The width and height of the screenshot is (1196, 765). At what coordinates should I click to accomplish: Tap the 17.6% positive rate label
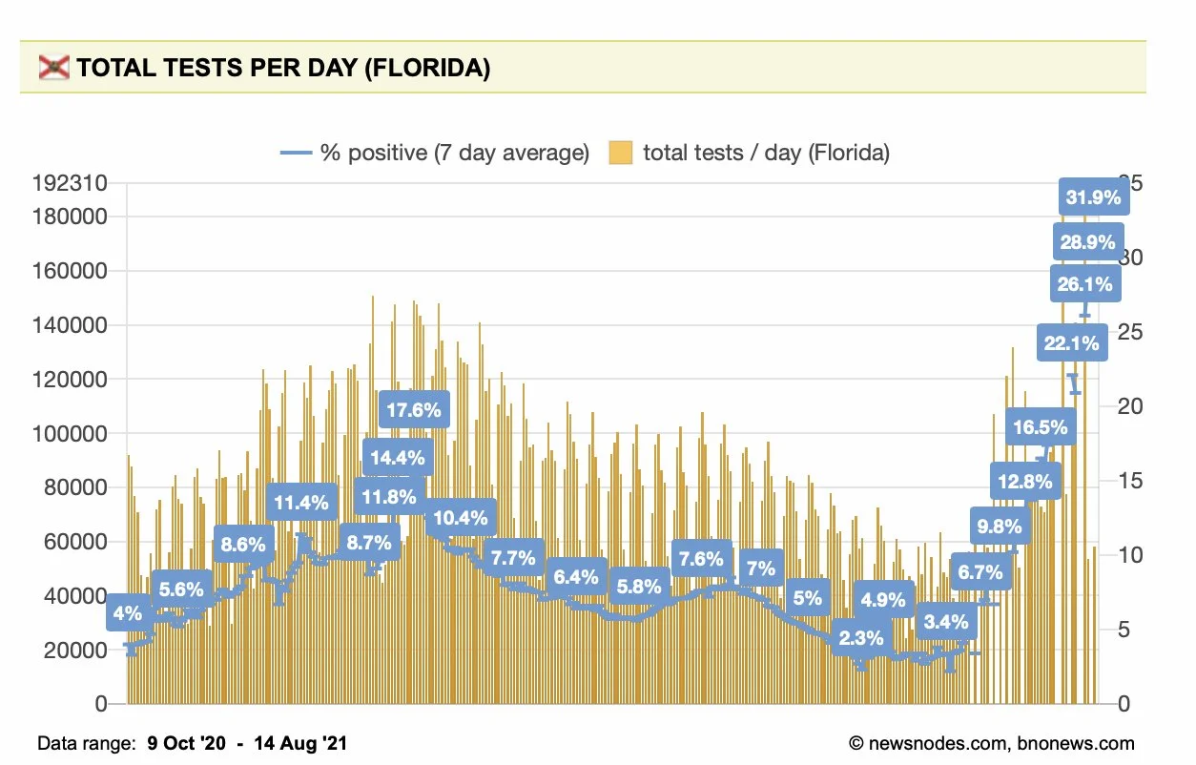click(415, 411)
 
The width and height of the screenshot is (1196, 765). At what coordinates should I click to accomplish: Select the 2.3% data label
click(861, 637)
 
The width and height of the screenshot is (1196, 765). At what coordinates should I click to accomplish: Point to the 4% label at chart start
click(127, 614)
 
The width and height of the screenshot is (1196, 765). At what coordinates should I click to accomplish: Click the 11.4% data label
click(301, 501)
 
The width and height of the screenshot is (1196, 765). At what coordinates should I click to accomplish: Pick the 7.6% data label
click(701, 559)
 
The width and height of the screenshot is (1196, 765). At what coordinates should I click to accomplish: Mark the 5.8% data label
click(638, 587)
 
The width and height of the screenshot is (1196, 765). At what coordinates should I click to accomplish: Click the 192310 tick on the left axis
click(69, 183)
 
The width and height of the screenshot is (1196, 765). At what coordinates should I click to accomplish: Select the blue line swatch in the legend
click(296, 153)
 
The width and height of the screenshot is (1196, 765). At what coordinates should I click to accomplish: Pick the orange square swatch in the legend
click(621, 153)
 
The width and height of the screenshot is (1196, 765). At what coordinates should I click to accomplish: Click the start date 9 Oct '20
click(187, 743)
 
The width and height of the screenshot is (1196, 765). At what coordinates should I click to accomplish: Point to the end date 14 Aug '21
click(300, 743)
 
